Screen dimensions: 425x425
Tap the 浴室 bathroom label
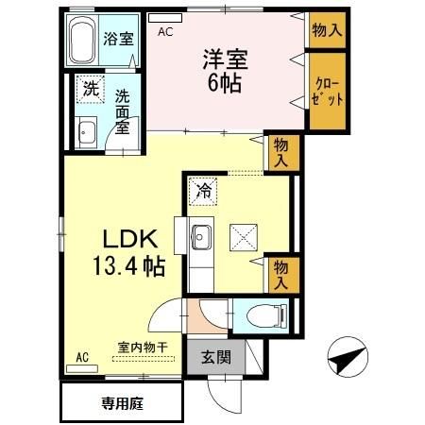tap(117, 41)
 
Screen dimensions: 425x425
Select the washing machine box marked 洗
tap(90, 89)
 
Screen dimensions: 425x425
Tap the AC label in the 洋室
tap(165, 31)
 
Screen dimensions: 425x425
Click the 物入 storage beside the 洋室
tap(325, 30)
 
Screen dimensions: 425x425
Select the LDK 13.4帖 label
tap(129, 251)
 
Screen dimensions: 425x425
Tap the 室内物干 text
tap(143, 346)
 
